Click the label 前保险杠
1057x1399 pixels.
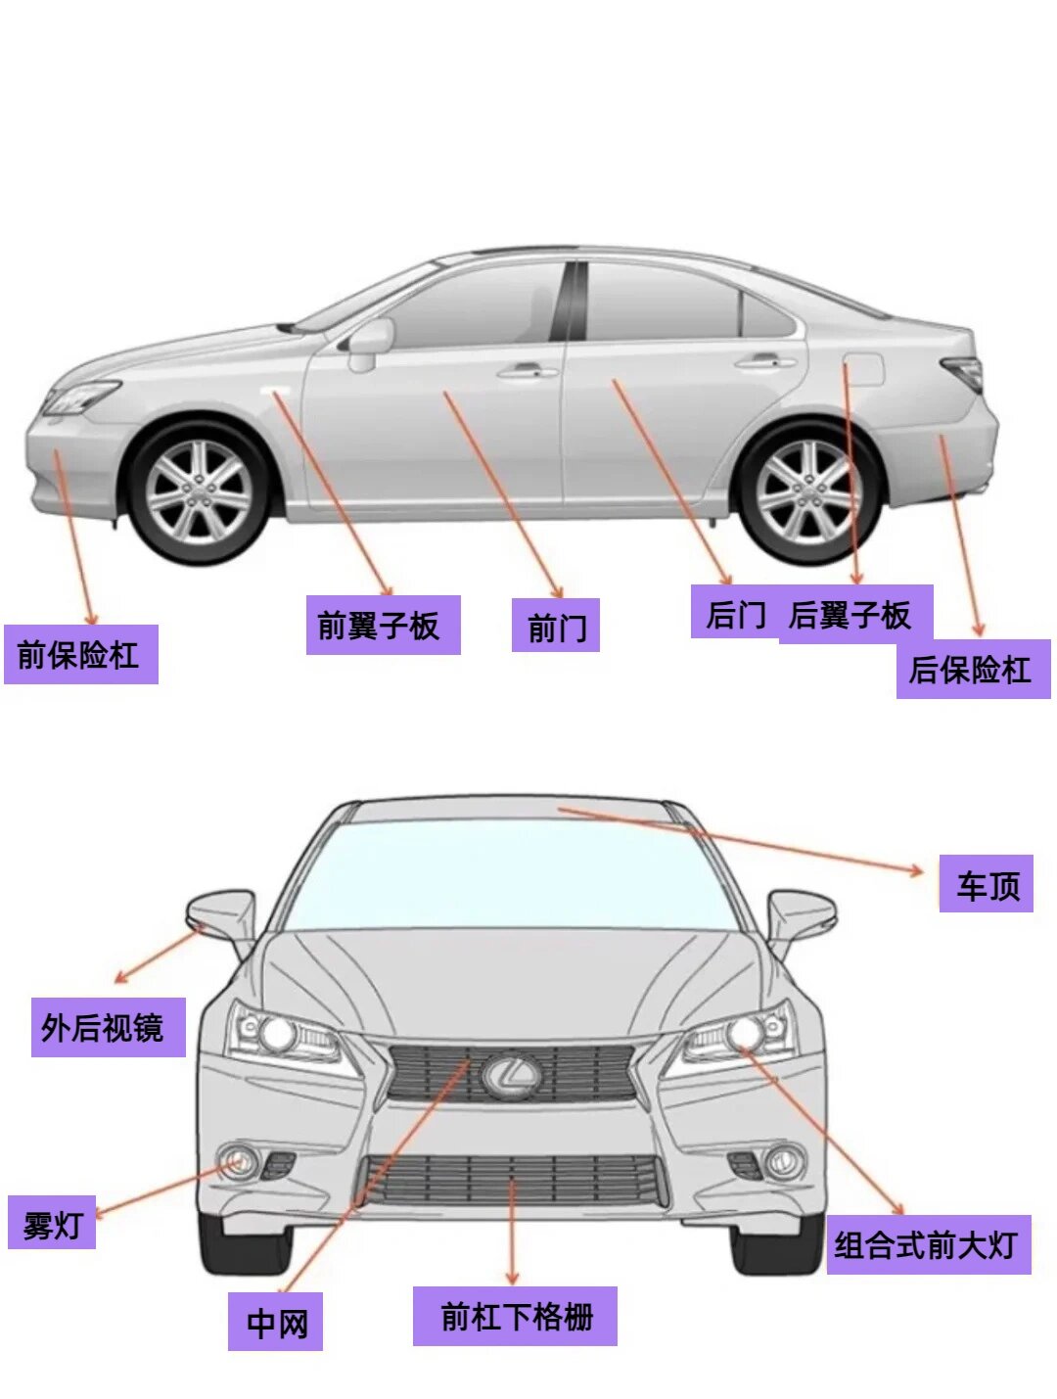(x=80, y=654)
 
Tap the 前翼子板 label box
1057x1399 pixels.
(x=383, y=625)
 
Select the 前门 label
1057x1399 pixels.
(x=556, y=627)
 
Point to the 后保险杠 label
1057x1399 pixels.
(x=973, y=670)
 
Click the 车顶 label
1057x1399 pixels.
(x=987, y=884)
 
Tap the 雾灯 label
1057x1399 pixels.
(x=52, y=1223)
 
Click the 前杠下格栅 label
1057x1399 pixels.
(x=515, y=1316)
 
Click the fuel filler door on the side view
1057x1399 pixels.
(x=864, y=370)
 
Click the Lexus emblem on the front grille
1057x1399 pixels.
(x=510, y=1075)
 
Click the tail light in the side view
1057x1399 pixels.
(x=965, y=371)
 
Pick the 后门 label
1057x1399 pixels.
(x=734, y=613)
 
